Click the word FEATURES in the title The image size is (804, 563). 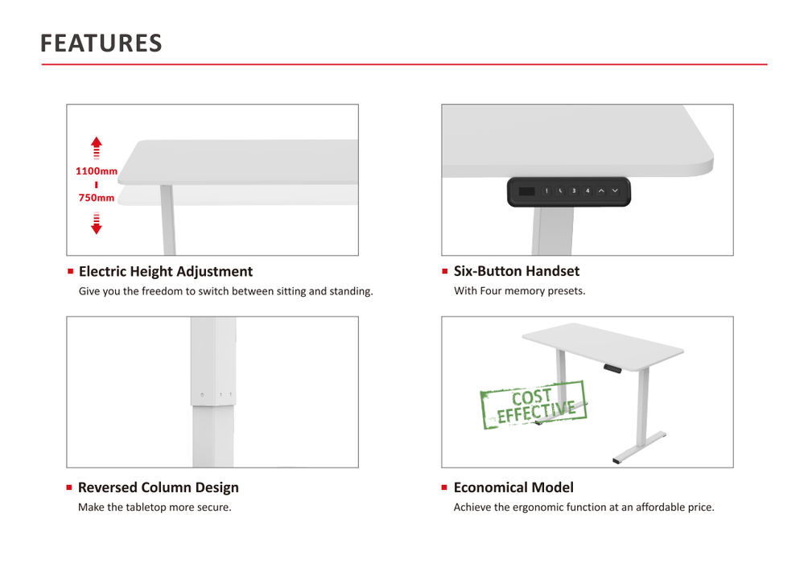coord(101,43)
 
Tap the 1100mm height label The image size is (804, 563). coord(97,171)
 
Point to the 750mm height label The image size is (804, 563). coord(97,198)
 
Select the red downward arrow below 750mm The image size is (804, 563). coord(97,223)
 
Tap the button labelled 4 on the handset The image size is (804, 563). coord(588,191)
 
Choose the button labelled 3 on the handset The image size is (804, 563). coord(574,191)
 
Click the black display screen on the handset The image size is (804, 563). coord(526,191)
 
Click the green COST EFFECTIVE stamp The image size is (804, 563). coord(534,405)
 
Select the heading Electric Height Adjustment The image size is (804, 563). coord(166,272)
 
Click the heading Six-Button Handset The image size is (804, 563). coord(516,271)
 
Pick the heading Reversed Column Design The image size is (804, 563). coord(159,487)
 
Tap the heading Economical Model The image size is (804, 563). coord(513,487)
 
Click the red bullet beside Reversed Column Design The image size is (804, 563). coord(70,487)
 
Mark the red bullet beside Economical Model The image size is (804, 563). coord(444,487)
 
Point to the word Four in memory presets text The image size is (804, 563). coord(491,291)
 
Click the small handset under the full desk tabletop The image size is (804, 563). coord(613,368)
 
